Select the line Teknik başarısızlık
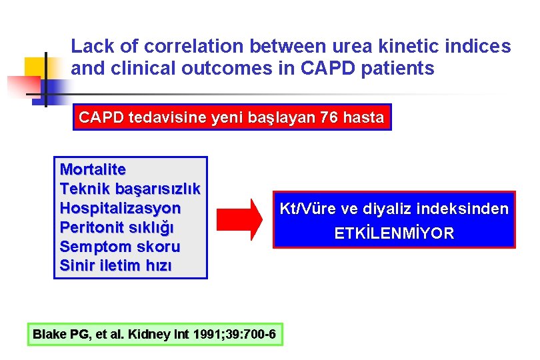pyautogui.click(x=131, y=189)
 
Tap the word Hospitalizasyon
pyautogui.click(x=120, y=208)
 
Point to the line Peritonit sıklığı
pyautogui.click(x=117, y=227)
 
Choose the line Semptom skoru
pyautogui.click(x=120, y=247)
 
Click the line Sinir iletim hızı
pyautogui.click(x=115, y=266)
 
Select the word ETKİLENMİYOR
pyautogui.click(x=394, y=233)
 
